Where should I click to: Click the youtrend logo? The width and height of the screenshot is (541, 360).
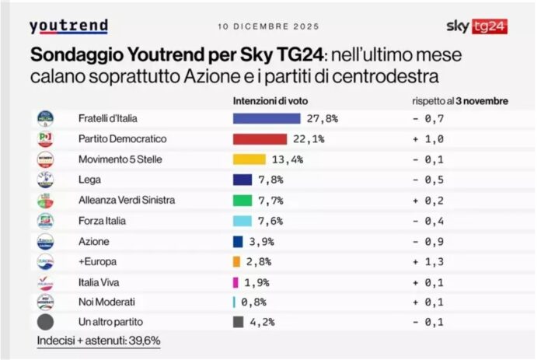click(68, 26)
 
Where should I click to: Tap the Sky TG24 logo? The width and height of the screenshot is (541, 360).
click(476, 26)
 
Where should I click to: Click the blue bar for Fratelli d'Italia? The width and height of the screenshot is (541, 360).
click(267, 118)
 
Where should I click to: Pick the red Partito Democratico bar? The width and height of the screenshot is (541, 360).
click(260, 139)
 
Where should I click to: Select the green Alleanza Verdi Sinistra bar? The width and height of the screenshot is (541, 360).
click(243, 200)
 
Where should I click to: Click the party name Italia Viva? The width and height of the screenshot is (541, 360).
click(99, 281)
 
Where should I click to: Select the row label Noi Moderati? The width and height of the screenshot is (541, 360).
click(106, 302)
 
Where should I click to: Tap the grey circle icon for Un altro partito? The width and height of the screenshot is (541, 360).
click(46, 322)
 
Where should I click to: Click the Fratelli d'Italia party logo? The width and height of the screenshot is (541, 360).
click(46, 119)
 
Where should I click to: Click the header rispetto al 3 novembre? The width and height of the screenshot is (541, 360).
click(460, 101)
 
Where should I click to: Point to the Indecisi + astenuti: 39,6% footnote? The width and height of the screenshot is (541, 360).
click(99, 341)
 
